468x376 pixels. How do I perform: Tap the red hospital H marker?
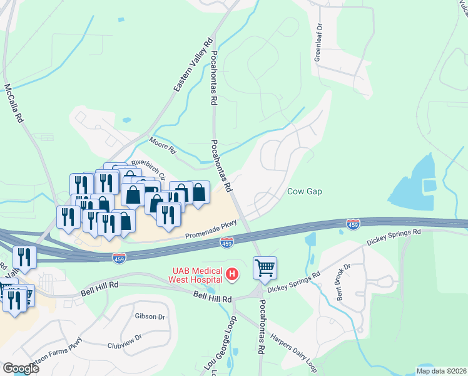click(232, 274)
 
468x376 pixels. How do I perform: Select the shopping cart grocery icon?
click(265, 268)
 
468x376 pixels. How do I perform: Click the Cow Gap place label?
click(305, 192)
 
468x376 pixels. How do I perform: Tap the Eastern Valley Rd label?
click(185, 73)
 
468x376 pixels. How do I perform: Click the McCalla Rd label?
click(14, 103)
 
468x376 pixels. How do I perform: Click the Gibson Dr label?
click(150, 316)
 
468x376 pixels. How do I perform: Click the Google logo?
click(20, 368)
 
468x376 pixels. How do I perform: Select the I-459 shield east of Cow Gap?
click(353, 224)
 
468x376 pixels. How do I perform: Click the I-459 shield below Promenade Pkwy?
click(226, 241)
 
